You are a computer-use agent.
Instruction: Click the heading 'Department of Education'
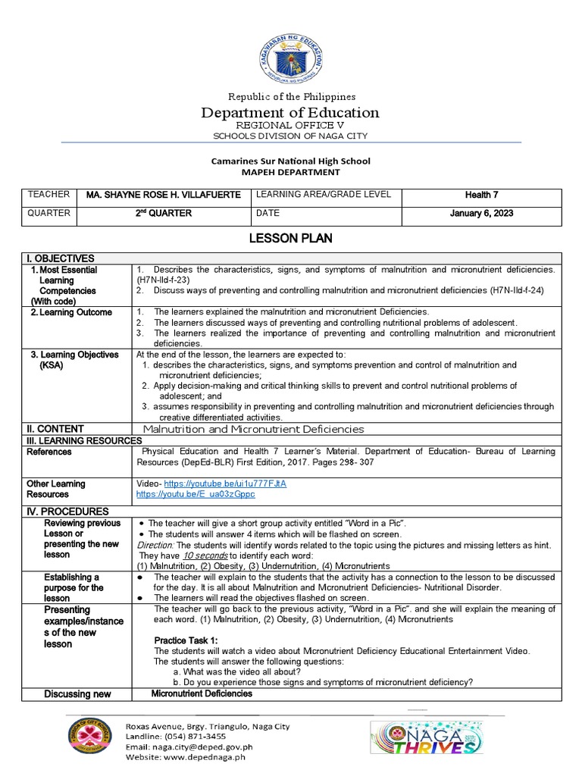pos(290,113)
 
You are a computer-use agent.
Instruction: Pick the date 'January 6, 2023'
pos(481,214)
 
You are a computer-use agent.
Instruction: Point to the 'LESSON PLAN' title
pos(291,239)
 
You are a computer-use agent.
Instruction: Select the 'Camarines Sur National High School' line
pos(291,161)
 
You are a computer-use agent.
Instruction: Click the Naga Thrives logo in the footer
pos(426,736)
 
